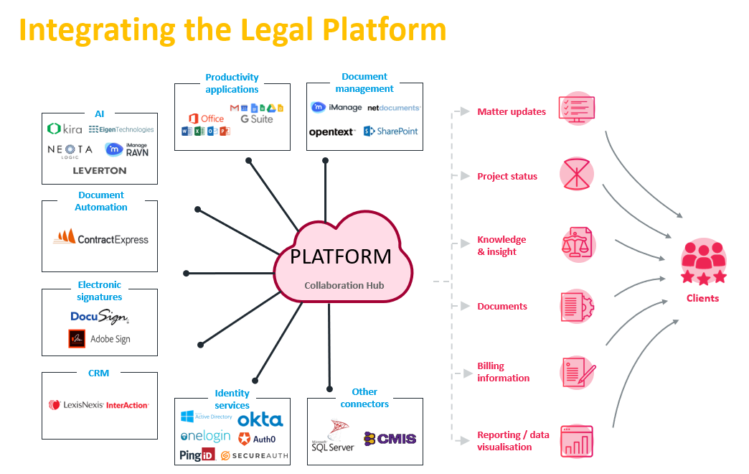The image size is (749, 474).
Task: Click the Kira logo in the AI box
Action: [x=65, y=129]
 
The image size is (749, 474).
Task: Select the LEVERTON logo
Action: [x=100, y=171]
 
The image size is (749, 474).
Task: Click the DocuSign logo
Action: [x=100, y=317]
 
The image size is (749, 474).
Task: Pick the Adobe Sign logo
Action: [x=99, y=338]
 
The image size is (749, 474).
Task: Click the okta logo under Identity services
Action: [x=260, y=419]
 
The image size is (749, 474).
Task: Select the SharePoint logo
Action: [x=391, y=131]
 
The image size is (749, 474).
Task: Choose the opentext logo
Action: [x=332, y=132]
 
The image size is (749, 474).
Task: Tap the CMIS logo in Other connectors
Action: [x=390, y=438]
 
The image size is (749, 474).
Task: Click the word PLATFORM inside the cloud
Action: [x=341, y=256]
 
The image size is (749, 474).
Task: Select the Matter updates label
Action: [x=512, y=111]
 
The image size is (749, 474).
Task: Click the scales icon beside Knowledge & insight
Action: [x=577, y=244]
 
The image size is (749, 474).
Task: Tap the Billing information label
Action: [x=504, y=372]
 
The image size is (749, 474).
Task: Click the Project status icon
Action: [x=577, y=174]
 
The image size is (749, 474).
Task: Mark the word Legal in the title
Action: [x=276, y=30]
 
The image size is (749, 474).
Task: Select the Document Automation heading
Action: [x=101, y=201]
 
